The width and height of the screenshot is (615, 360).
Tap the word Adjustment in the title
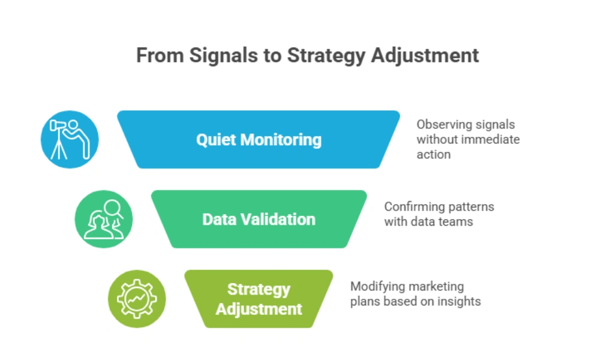[425, 55]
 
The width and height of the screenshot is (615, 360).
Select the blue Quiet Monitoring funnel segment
[259, 139]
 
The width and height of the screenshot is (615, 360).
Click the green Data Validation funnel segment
[259, 219]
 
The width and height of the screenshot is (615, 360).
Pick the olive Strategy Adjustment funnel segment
[259, 299]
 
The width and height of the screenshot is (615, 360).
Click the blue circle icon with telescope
[70, 139]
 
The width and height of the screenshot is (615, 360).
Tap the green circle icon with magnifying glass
[103, 219]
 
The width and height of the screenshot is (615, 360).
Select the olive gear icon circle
[137, 299]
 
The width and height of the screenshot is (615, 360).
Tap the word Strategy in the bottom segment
[259, 289]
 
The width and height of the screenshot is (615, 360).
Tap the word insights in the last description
[459, 302]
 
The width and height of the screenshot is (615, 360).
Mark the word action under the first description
[433, 155]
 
